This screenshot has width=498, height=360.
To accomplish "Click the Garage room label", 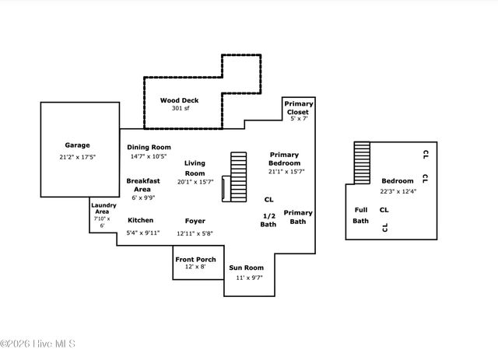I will point(77,145).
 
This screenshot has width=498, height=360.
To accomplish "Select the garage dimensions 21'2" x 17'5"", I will point(77,156).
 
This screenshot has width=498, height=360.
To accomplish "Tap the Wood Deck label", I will point(180,100).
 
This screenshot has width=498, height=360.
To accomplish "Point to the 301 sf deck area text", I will point(180,108).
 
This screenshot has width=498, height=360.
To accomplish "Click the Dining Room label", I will point(149,147).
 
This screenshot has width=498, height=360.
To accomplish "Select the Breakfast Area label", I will point(143,184).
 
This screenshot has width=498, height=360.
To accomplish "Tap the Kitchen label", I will point(140,220).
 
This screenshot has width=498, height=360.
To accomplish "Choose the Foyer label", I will point(195,221).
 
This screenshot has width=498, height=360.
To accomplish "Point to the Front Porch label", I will point(195,259).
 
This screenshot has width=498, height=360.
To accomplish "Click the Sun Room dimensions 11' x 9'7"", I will point(246,277).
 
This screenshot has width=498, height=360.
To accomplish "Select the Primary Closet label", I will point(298,107).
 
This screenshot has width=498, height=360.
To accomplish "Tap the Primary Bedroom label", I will point(284,159).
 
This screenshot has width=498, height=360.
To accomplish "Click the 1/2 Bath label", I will point(268,220).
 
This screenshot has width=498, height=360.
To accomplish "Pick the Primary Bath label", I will point(297,217).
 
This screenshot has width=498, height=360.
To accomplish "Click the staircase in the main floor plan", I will point(237,177).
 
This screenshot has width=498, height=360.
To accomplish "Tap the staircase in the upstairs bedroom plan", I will point(362,163).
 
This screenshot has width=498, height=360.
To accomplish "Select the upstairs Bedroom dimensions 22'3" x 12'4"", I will point(397,191).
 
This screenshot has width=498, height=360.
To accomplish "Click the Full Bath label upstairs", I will point(360,215).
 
